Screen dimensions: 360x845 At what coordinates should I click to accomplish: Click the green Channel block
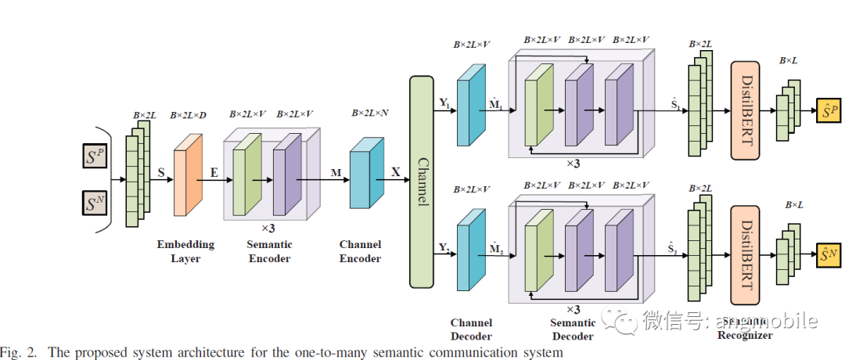pos(422,182)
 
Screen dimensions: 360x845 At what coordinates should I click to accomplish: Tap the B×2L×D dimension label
pos(189,115)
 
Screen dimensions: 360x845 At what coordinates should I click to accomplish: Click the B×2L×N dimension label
pos(371,113)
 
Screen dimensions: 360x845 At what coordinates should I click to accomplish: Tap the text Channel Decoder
pos(472,329)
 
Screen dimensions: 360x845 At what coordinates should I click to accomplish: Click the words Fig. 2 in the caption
pos(20,351)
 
